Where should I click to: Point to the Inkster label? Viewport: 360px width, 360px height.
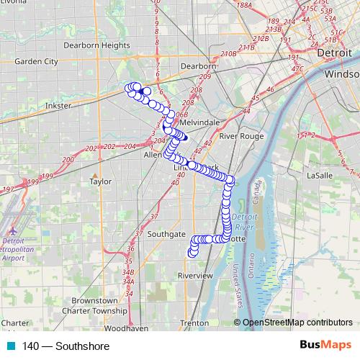point(58,105)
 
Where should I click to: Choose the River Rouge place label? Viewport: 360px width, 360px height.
point(242,135)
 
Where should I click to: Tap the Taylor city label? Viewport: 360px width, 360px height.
point(100,181)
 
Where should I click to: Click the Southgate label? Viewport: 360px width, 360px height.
point(166,234)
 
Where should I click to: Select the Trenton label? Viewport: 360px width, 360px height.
point(194,323)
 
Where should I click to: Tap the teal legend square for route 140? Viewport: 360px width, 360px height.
point(10,346)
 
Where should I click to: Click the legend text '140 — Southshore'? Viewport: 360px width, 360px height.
point(66,346)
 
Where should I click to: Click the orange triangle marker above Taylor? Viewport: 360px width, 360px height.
point(94,173)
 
